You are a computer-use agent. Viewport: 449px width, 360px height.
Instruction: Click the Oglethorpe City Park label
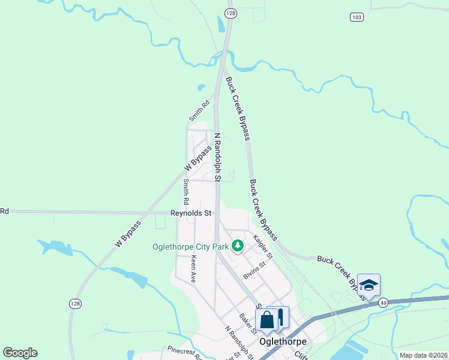[191, 246]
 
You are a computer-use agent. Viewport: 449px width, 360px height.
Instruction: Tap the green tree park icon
[238, 245]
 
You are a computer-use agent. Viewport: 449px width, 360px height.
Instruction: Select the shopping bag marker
[267, 320]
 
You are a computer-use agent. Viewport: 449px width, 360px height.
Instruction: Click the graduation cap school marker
[369, 285]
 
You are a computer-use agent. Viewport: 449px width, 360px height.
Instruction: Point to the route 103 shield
[357, 17]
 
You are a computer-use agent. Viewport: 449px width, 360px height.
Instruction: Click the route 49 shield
[382, 303]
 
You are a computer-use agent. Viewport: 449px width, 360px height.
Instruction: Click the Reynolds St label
[191, 213]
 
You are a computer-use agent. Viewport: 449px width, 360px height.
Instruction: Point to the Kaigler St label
[262, 247]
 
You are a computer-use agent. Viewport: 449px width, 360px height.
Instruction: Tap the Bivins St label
[254, 270]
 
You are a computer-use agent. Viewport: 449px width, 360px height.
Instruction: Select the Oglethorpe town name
[283, 341]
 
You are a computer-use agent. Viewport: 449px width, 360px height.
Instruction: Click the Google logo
[20, 353]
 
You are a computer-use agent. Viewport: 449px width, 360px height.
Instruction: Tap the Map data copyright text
[423, 355]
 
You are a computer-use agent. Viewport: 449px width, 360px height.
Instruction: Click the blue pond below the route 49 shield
[354, 349]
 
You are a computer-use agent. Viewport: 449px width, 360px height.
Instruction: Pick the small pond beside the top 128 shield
[220, 24]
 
